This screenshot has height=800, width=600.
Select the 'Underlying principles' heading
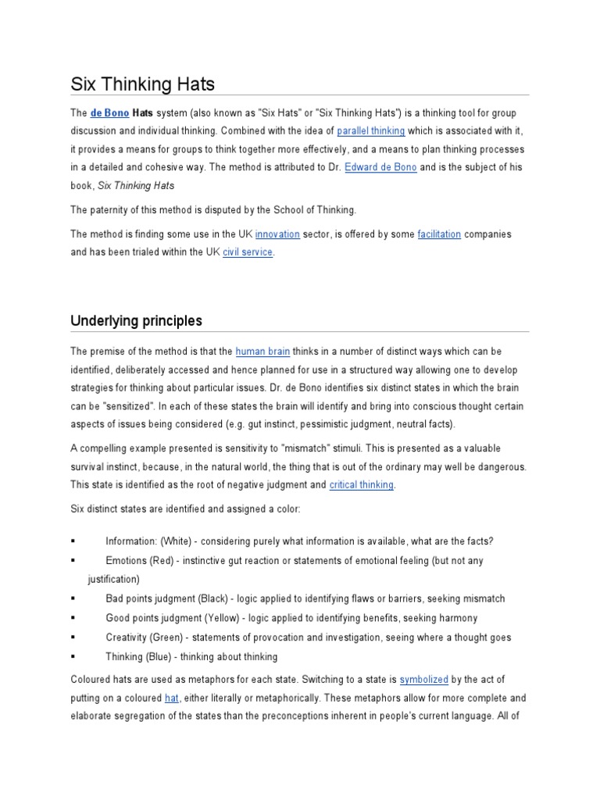coord(136,320)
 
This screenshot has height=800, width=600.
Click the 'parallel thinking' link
coord(370,131)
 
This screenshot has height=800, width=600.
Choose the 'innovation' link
coord(277,234)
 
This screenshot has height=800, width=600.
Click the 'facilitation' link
coord(439,234)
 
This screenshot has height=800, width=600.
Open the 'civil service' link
coord(248,253)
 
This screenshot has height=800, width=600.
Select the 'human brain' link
coord(260,351)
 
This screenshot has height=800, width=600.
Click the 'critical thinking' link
coord(362,485)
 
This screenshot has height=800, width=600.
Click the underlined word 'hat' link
coord(172,698)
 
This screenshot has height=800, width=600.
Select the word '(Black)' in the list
coord(212,598)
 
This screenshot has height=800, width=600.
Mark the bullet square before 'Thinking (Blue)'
coord(73,657)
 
